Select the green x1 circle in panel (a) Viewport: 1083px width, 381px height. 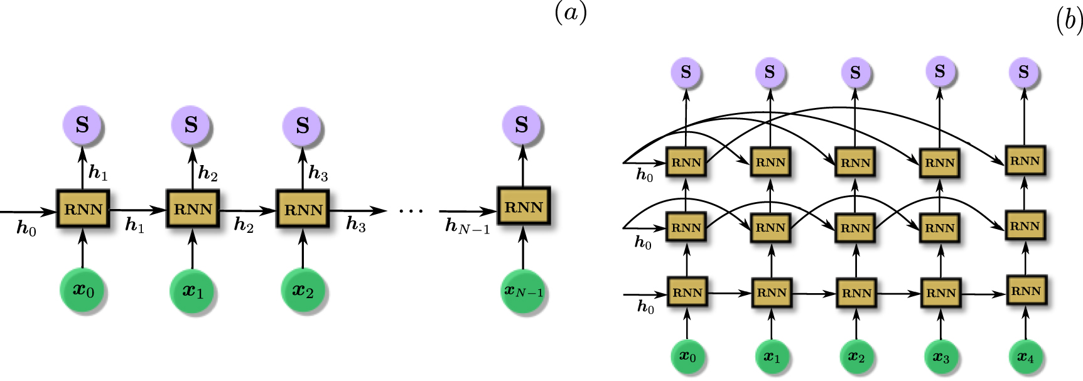tap(193, 291)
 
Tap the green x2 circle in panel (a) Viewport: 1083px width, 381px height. tap(303, 291)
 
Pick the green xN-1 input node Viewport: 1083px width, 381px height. tap(524, 291)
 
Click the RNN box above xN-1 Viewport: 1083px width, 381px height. tap(524, 207)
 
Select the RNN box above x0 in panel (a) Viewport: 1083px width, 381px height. tap(83, 209)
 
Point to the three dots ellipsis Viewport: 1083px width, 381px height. tap(411, 211)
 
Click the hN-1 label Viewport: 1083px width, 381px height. tap(467, 227)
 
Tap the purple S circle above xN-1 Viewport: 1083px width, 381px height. tap(522, 125)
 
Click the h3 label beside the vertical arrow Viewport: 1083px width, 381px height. tap(318, 173)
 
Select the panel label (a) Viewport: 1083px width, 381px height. tap(571, 13)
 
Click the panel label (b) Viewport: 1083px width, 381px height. tap(1069, 22)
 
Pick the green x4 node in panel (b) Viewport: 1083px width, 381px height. tap(1025, 357)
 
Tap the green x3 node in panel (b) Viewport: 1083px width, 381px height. tap(940, 357)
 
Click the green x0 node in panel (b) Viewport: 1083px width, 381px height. tap(687, 357)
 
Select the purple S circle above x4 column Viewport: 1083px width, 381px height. tap(1024, 72)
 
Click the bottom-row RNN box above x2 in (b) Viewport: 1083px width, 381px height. tap(856, 293)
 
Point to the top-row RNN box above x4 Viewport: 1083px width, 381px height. tap(1025, 161)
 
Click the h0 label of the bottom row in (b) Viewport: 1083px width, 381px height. tap(645, 306)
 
